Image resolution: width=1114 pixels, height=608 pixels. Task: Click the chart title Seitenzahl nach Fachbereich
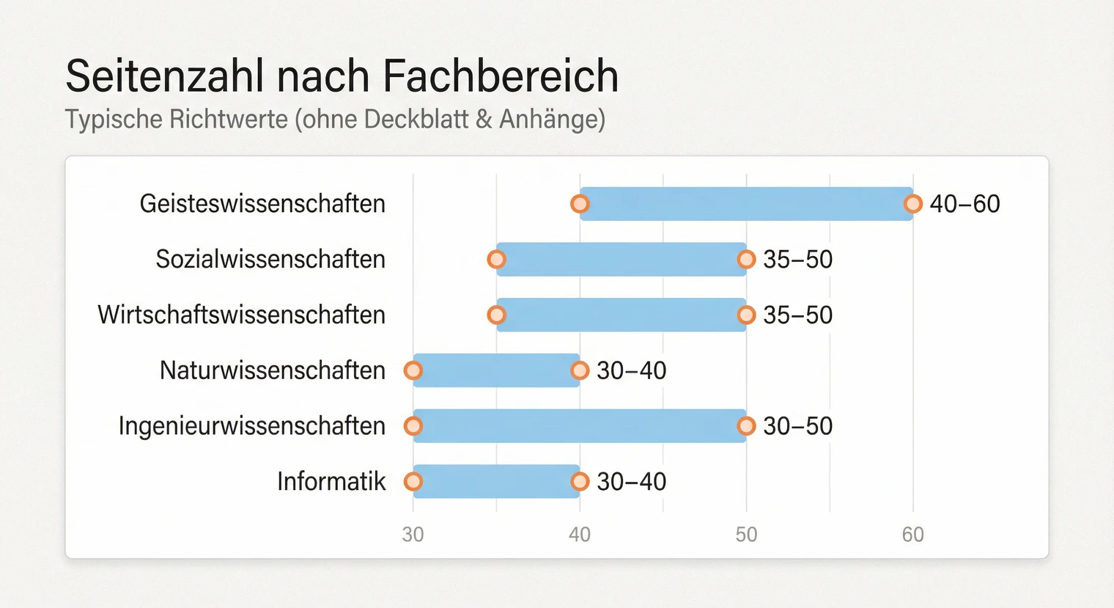(342, 76)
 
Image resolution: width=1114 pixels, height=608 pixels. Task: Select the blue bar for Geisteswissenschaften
(746, 204)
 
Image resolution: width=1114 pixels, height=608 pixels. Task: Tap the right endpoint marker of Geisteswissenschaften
(912, 204)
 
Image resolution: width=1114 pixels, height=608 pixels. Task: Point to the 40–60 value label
(964, 204)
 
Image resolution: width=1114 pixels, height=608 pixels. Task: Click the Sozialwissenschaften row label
(270, 260)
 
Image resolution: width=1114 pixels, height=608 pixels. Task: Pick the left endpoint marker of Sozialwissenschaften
(496, 260)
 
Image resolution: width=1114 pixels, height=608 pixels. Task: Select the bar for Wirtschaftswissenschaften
(621, 315)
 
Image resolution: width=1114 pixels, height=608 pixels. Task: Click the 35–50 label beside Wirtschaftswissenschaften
(797, 315)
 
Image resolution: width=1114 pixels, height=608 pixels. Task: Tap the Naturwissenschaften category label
(272, 370)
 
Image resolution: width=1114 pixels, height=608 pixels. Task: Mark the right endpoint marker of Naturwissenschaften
(580, 370)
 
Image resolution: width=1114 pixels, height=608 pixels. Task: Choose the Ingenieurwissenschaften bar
(579, 426)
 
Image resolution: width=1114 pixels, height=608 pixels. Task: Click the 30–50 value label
(797, 426)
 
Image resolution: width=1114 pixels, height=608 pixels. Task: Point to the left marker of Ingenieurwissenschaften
(413, 426)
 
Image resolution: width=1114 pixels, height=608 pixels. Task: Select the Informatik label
(331, 482)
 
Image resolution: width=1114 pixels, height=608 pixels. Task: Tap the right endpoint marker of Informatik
(580, 482)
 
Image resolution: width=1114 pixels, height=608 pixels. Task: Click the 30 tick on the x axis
(413, 535)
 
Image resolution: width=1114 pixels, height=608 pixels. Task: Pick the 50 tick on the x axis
(746, 535)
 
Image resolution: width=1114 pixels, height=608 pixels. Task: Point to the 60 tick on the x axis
(912, 535)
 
